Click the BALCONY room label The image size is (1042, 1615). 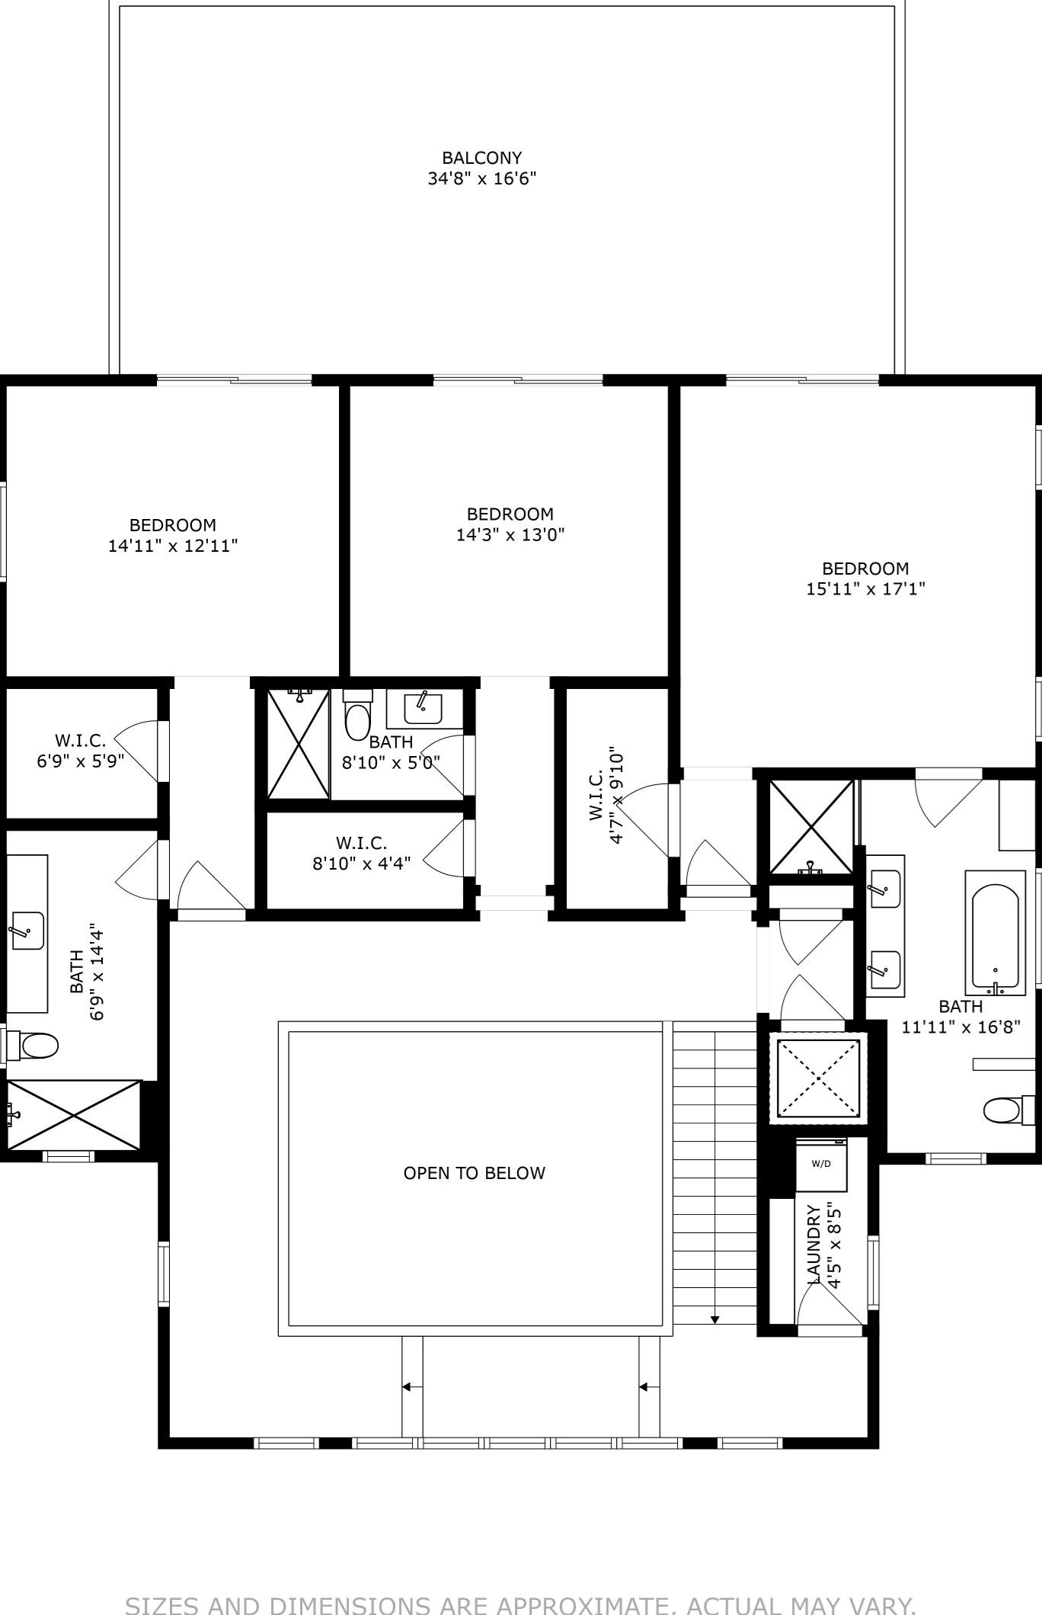(481, 158)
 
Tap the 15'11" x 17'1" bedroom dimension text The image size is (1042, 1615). (865, 588)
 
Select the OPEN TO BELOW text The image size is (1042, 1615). (474, 1173)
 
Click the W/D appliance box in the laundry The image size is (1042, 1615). (821, 1164)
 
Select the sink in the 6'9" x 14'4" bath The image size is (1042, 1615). (27, 930)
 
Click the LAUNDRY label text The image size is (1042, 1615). (813, 1244)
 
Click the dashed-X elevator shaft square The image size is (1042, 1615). (818, 1077)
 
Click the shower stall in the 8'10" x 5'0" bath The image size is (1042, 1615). (298, 743)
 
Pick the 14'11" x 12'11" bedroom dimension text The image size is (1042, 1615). (173, 546)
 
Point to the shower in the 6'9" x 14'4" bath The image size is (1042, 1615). (73, 1114)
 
